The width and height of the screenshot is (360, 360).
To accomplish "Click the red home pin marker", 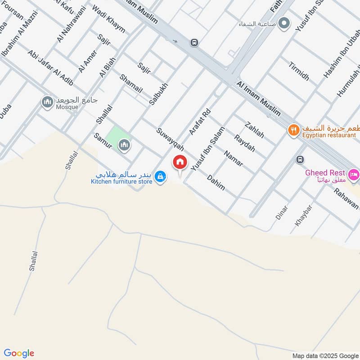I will [180, 162].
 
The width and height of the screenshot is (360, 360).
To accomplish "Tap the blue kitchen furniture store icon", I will [160, 177].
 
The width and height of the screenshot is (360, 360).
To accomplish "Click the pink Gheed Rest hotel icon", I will [354, 174].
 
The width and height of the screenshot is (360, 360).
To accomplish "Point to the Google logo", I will [19, 353].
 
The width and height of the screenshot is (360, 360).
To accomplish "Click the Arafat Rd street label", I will [200, 121].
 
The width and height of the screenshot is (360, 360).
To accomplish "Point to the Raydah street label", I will [244, 143].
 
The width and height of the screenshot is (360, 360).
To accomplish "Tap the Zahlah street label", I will [254, 130].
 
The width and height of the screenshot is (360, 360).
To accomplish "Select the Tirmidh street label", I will [299, 71].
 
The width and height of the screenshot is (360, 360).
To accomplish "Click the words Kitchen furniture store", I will [121, 181].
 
